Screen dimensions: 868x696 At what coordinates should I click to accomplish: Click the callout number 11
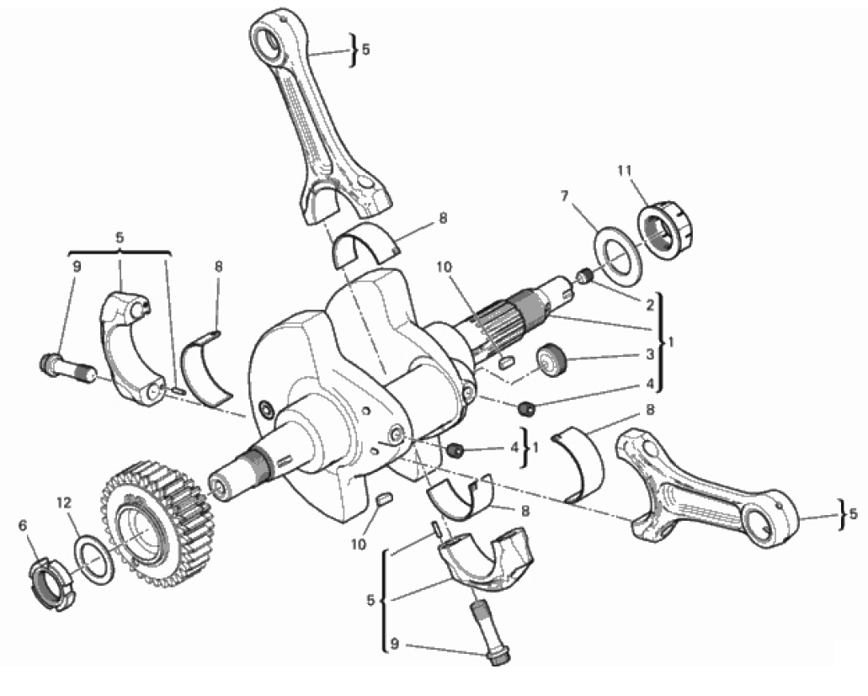pyautogui.click(x=625, y=171)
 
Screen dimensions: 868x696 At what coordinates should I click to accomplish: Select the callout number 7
pyautogui.click(x=565, y=196)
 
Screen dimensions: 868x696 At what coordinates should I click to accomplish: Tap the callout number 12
pyautogui.click(x=64, y=503)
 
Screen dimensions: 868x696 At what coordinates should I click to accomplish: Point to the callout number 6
pyautogui.click(x=23, y=525)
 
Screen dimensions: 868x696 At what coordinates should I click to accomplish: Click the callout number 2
pyautogui.click(x=650, y=304)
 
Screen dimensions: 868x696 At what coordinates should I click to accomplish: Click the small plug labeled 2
pyautogui.click(x=586, y=275)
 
